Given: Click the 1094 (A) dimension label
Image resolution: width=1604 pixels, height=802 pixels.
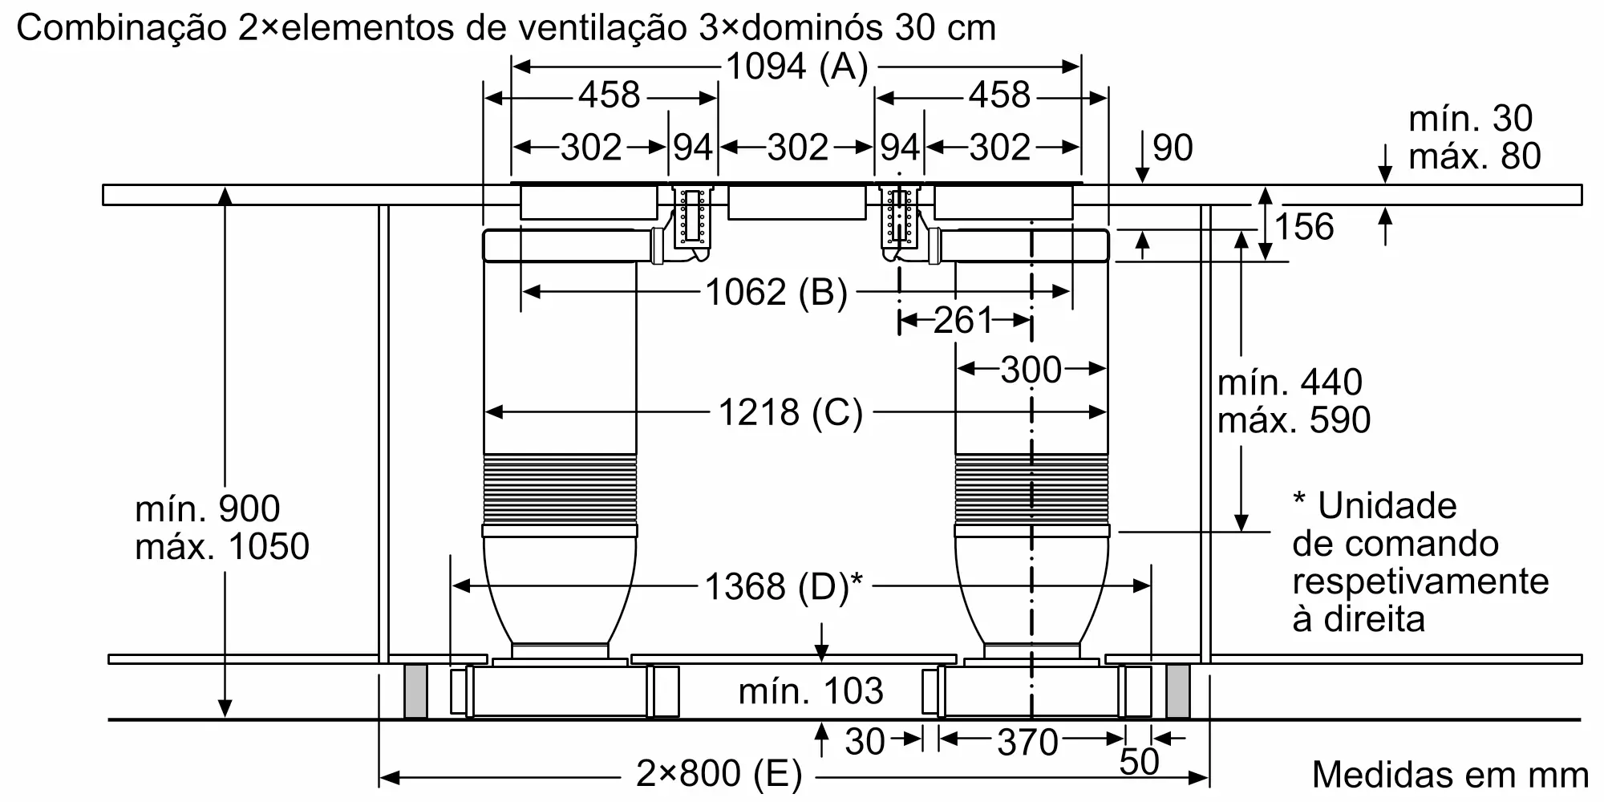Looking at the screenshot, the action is [796, 67].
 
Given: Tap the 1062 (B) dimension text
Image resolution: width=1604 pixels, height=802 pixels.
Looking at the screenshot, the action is [776, 293].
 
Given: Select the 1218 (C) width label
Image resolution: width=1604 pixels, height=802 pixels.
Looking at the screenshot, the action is [790, 413].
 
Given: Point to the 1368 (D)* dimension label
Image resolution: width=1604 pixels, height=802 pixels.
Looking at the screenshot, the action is [784, 587].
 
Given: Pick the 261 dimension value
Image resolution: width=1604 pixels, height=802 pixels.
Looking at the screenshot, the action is [963, 321].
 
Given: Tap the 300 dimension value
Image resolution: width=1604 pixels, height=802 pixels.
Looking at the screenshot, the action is [1031, 370].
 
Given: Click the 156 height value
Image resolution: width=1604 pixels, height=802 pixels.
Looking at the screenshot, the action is [1303, 227].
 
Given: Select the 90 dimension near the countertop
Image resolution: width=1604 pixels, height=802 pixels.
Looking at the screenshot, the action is [1173, 148].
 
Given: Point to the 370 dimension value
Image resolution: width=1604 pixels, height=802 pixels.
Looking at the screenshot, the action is [1027, 743].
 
